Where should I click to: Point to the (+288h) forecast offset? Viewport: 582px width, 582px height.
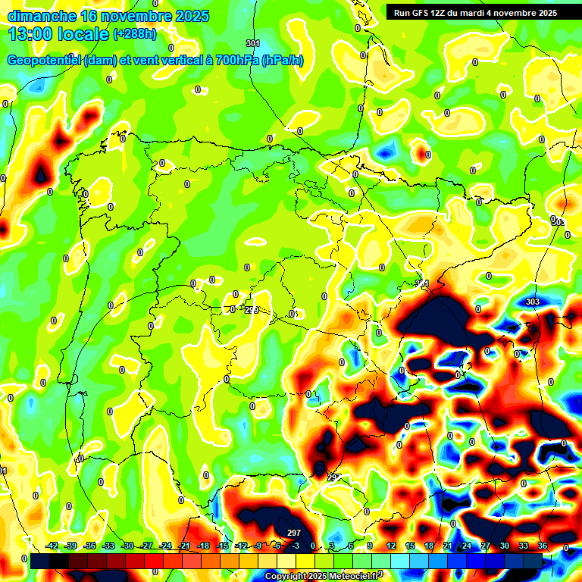click(135, 34)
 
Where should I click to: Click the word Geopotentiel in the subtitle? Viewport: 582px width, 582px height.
click(45, 61)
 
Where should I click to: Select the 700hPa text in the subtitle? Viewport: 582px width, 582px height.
click(234, 61)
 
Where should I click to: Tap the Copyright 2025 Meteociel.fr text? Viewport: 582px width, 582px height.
click(323, 577)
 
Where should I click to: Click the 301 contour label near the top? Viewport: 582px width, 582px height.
click(253, 43)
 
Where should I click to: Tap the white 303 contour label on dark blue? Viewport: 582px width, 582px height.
click(532, 302)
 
